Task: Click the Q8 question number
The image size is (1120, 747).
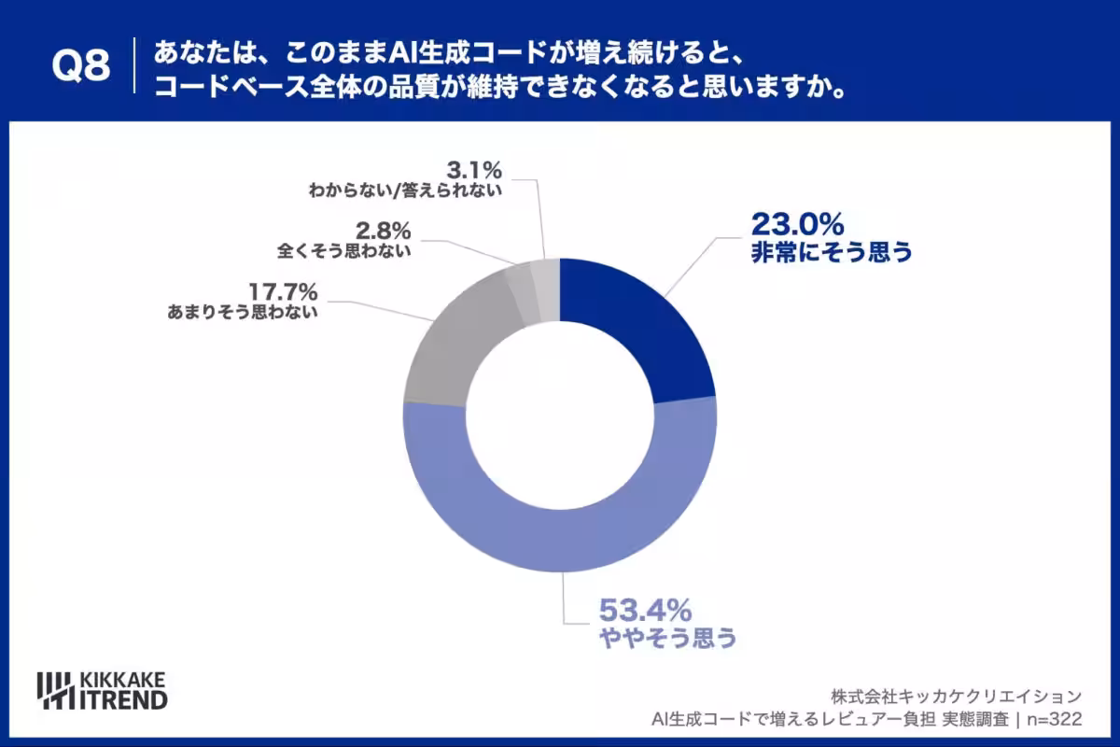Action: pyautogui.click(x=80, y=65)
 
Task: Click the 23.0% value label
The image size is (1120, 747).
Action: pyautogui.click(x=797, y=224)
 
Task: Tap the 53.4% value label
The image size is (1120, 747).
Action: pyautogui.click(x=644, y=611)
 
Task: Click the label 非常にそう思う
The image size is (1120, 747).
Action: pyautogui.click(x=831, y=252)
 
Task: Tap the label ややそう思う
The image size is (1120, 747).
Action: pyautogui.click(x=667, y=639)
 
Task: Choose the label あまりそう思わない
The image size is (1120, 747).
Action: pyautogui.click(x=245, y=313)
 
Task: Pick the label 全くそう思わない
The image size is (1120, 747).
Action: pyautogui.click(x=344, y=251)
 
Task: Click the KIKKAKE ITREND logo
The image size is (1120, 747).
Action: pyautogui.click(x=102, y=689)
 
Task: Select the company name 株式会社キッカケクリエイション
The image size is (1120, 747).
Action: pyautogui.click(x=957, y=696)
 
